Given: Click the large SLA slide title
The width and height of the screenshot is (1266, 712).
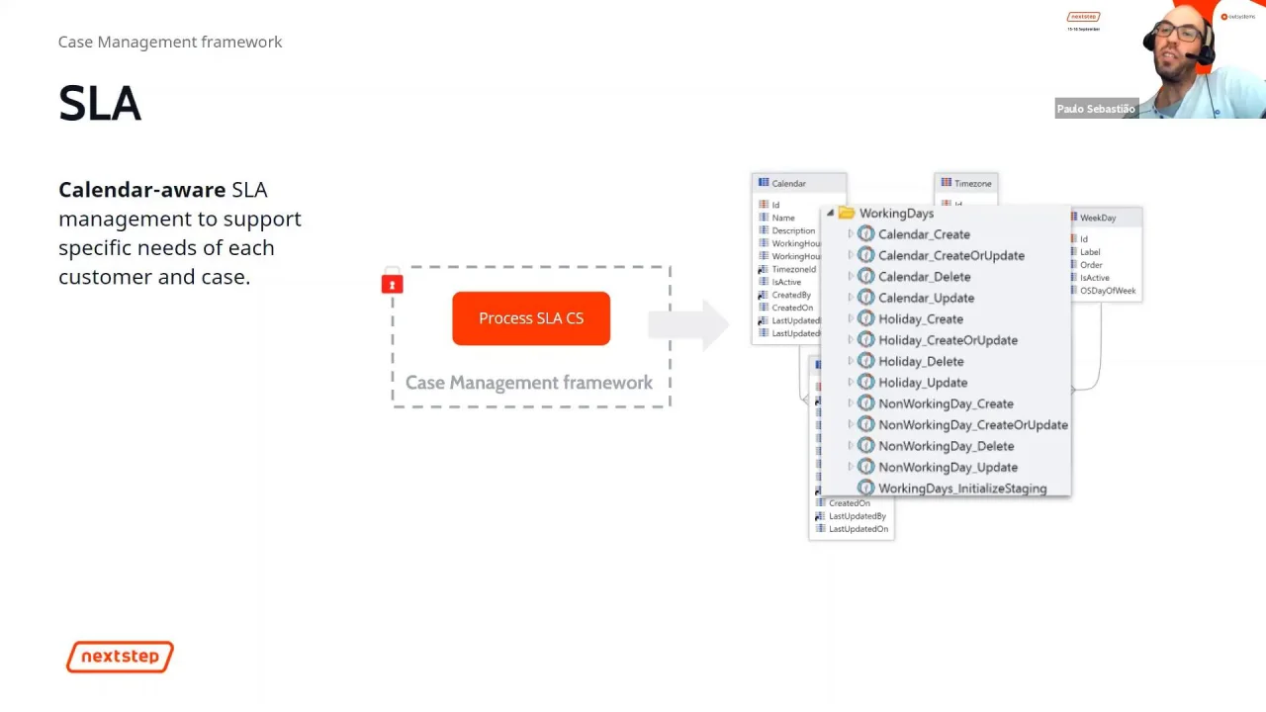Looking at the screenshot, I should tap(100, 104).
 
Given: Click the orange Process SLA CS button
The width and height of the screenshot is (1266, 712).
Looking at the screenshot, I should tap(531, 318).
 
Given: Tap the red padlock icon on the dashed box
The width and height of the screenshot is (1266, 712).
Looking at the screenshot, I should tap(392, 284).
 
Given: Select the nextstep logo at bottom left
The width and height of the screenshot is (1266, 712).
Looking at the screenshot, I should tap(120, 657).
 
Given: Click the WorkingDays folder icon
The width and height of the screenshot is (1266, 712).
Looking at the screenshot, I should tap(846, 214).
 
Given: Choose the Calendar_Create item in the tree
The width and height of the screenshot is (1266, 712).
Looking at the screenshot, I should tap(923, 234).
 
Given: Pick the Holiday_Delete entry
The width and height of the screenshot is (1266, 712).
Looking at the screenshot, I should tap(920, 361).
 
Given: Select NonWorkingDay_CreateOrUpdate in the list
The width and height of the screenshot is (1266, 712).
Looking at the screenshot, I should tap(972, 425).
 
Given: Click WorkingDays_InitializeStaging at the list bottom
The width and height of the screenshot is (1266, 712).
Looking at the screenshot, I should tap(961, 489).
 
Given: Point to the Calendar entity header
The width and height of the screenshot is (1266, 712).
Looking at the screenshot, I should tap(788, 183).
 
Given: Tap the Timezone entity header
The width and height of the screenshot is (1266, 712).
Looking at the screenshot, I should tap(971, 183).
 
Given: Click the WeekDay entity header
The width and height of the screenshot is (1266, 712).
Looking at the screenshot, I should tap(1097, 218).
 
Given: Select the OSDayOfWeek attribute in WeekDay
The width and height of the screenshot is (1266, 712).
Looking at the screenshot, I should tap(1107, 291).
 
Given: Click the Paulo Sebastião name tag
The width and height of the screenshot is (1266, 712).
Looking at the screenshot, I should tap(1096, 109).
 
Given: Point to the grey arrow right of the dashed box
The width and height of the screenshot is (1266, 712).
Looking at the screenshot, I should tap(692, 323).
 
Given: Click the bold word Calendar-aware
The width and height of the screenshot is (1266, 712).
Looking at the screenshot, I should tap(141, 190).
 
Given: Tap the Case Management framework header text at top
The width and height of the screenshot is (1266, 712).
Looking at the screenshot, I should tap(170, 42).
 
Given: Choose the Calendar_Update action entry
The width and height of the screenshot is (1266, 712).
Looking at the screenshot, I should tap(926, 298).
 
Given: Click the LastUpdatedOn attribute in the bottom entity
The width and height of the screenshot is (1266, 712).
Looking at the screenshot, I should tap(858, 529).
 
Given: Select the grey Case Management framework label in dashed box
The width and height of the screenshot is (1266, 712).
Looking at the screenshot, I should tap(529, 383).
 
